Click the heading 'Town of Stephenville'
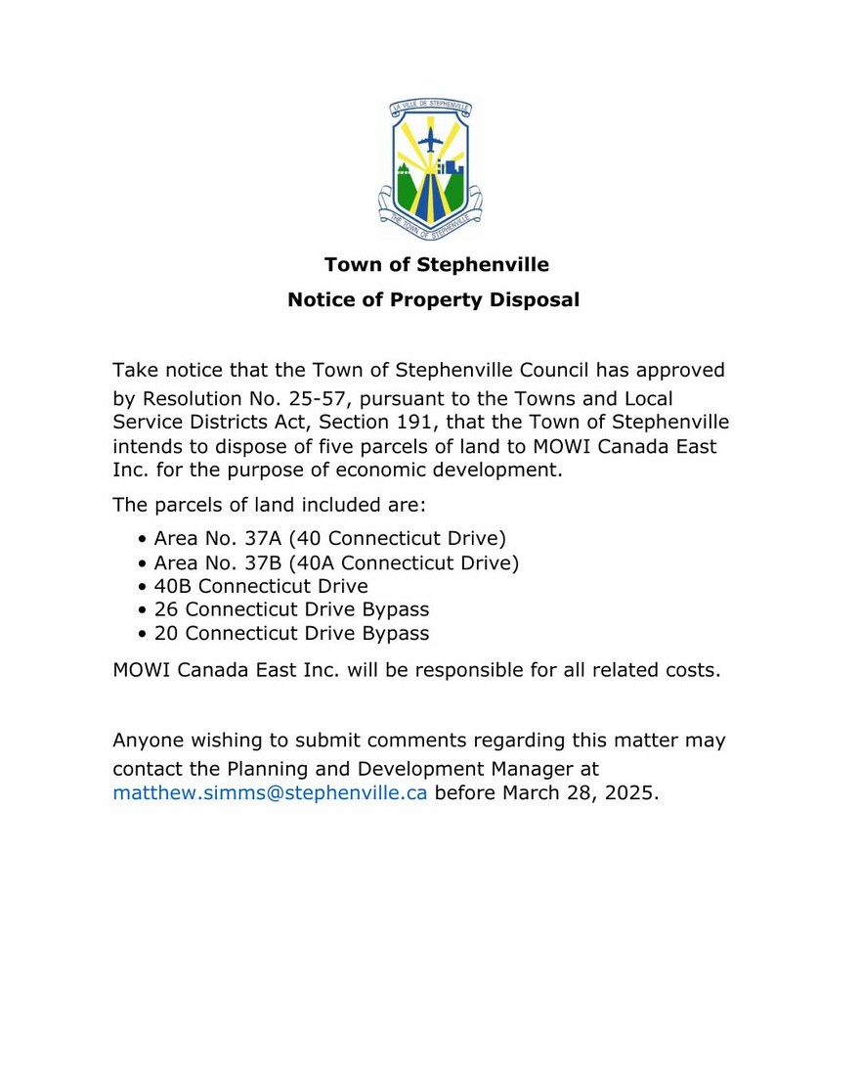(x=436, y=265)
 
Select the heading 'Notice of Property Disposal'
(x=433, y=300)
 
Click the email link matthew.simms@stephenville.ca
(x=270, y=792)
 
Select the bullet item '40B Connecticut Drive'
(x=261, y=587)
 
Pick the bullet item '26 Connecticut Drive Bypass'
(x=291, y=609)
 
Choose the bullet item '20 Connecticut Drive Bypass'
(x=291, y=633)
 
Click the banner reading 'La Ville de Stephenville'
(x=430, y=108)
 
